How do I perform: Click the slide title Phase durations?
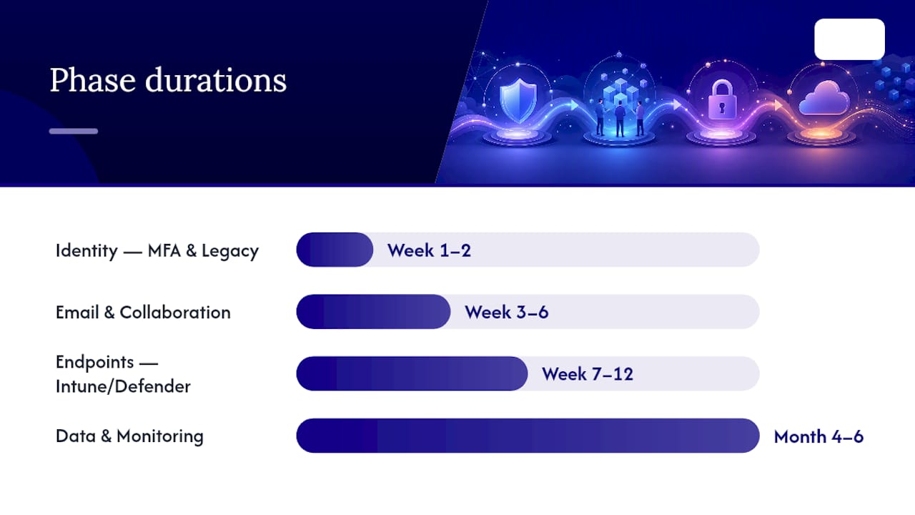168,80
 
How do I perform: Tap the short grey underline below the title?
74,131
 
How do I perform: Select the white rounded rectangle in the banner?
849,39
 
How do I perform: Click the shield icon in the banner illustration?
518,100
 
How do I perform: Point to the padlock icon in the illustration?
722,99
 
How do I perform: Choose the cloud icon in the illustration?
823,99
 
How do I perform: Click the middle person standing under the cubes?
620,119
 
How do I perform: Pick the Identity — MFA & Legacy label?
157,250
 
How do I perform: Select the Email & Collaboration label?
143,313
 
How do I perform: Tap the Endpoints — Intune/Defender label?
123,374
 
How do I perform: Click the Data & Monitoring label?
129,436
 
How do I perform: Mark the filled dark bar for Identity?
335,250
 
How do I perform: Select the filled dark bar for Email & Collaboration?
373,311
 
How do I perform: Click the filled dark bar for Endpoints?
412,373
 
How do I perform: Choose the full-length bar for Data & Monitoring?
528,436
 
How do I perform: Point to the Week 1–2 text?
429,250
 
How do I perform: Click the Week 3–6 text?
507,313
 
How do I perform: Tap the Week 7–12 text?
588,374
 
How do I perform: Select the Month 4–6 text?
818,436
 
